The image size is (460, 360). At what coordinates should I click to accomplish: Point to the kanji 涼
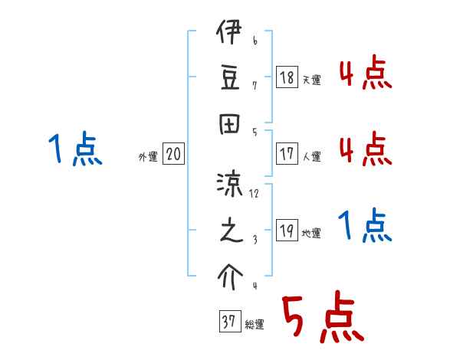[229, 185]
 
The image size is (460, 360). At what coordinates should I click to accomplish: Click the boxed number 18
[287, 77]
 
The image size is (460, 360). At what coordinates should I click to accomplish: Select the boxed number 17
[287, 153]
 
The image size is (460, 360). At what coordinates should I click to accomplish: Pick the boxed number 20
[173, 155]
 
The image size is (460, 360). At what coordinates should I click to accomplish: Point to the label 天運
[311, 80]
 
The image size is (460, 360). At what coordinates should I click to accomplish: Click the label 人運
[311, 156]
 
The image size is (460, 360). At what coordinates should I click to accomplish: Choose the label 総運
[255, 325]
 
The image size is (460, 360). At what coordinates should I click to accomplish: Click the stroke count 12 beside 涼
[255, 194]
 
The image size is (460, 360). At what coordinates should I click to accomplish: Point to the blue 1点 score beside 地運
[365, 227]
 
